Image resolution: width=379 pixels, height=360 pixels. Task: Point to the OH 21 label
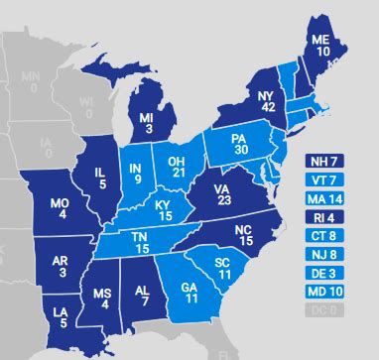(176, 167)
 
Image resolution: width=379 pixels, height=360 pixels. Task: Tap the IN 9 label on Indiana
(136, 175)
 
